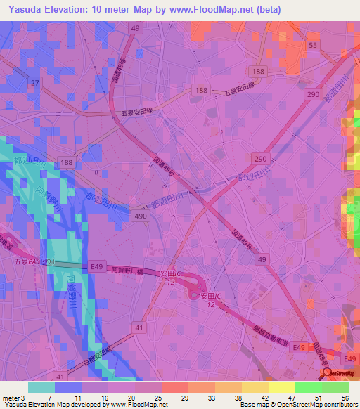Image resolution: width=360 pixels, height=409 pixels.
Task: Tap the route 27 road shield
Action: pyautogui.click(x=33, y=84)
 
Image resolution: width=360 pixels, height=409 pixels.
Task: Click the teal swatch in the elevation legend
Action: pyautogui.click(x=41, y=387)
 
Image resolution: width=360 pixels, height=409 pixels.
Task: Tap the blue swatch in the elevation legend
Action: pyautogui.click(x=68, y=387)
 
